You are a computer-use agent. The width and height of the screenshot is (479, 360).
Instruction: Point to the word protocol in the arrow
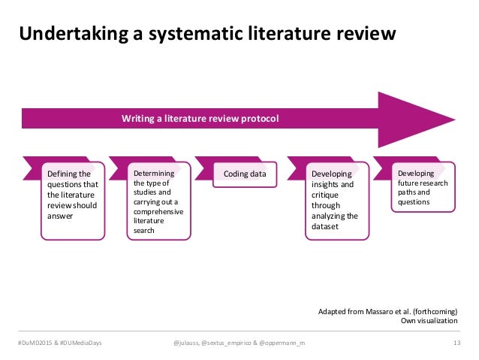coord(255,119)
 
